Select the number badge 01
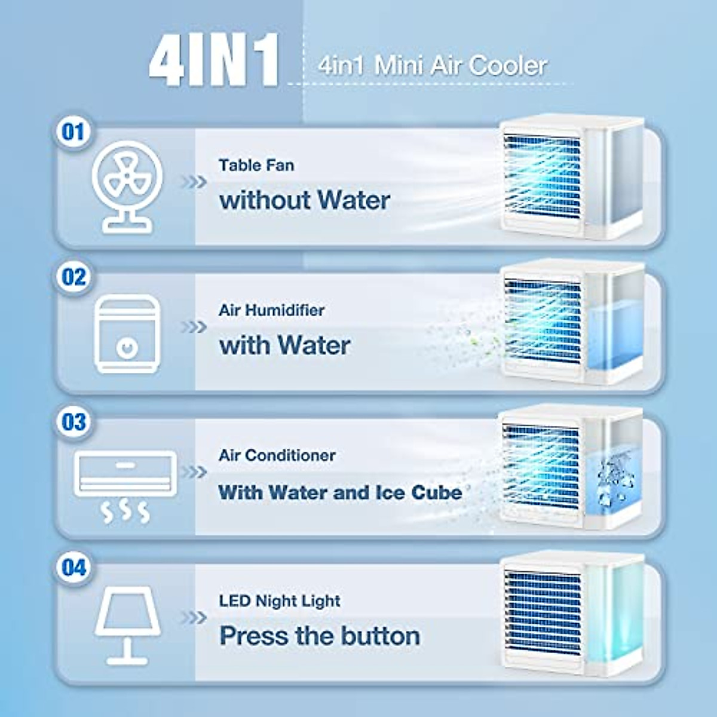click(73, 131)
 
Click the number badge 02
click(73, 277)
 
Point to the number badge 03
click(73, 422)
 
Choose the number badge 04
click(73, 567)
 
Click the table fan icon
click(127, 186)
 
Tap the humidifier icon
click(127, 333)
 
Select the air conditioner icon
click(125, 484)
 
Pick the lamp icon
click(127, 624)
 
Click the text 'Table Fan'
click(256, 165)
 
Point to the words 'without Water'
click(305, 200)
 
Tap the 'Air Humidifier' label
click(271, 310)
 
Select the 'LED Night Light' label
click(280, 600)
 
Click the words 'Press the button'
click(320, 636)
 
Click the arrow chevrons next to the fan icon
click(194, 182)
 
